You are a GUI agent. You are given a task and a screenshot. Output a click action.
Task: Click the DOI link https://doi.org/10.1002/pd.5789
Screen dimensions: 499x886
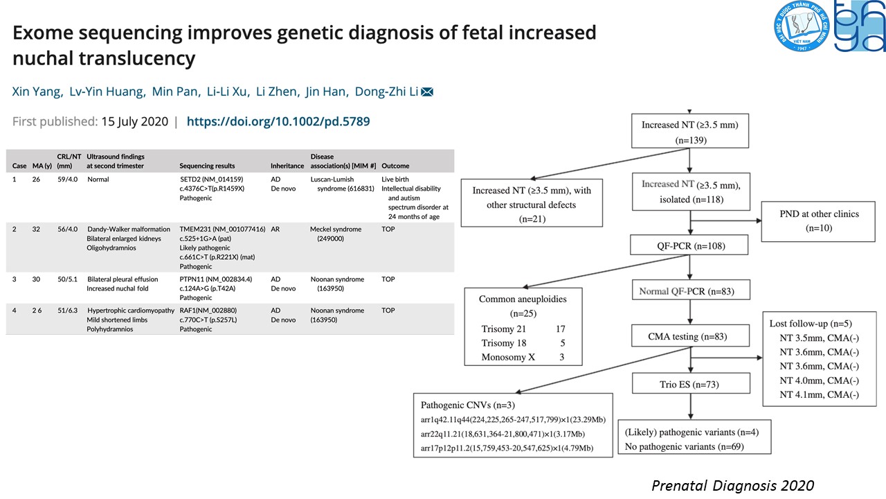pyautogui.click(x=278, y=121)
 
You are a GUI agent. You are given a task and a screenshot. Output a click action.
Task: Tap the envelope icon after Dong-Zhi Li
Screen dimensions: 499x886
pyautogui.click(x=427, y=92)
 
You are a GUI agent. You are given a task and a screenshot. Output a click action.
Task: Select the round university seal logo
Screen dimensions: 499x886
pyautogui.click(x=802, y=28)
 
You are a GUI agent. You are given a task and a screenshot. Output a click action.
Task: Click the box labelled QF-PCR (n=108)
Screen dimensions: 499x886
pyautogui.click(x=689, y=245)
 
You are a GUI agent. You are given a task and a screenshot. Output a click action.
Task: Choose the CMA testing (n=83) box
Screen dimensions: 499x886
pyautogui.click(x=689, y=337)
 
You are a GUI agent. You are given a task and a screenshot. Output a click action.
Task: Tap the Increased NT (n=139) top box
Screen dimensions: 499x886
pyautogui.click(x=689, y=132)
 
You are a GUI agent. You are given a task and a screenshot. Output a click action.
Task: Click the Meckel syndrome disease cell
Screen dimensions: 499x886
pyautogui.click(x=336, y=229)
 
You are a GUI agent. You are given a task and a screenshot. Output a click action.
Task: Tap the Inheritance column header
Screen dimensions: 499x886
pyautogui.click(x=287, y=166)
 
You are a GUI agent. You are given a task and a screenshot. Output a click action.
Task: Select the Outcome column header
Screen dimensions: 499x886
pyautogui.click(x=395, y=166)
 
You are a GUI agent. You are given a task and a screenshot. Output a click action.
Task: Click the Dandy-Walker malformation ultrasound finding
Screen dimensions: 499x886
pyautogui.click(x=128, y=229)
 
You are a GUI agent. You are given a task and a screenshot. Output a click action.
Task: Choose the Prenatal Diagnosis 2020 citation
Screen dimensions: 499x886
pyautogui.click(x=732, y=485)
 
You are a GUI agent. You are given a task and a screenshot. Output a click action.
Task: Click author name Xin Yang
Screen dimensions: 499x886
pyautogui.click(x=36, y=92)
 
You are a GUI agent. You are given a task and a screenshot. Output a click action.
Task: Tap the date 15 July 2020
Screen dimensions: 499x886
pyautogui.click(x=134, y=121)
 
